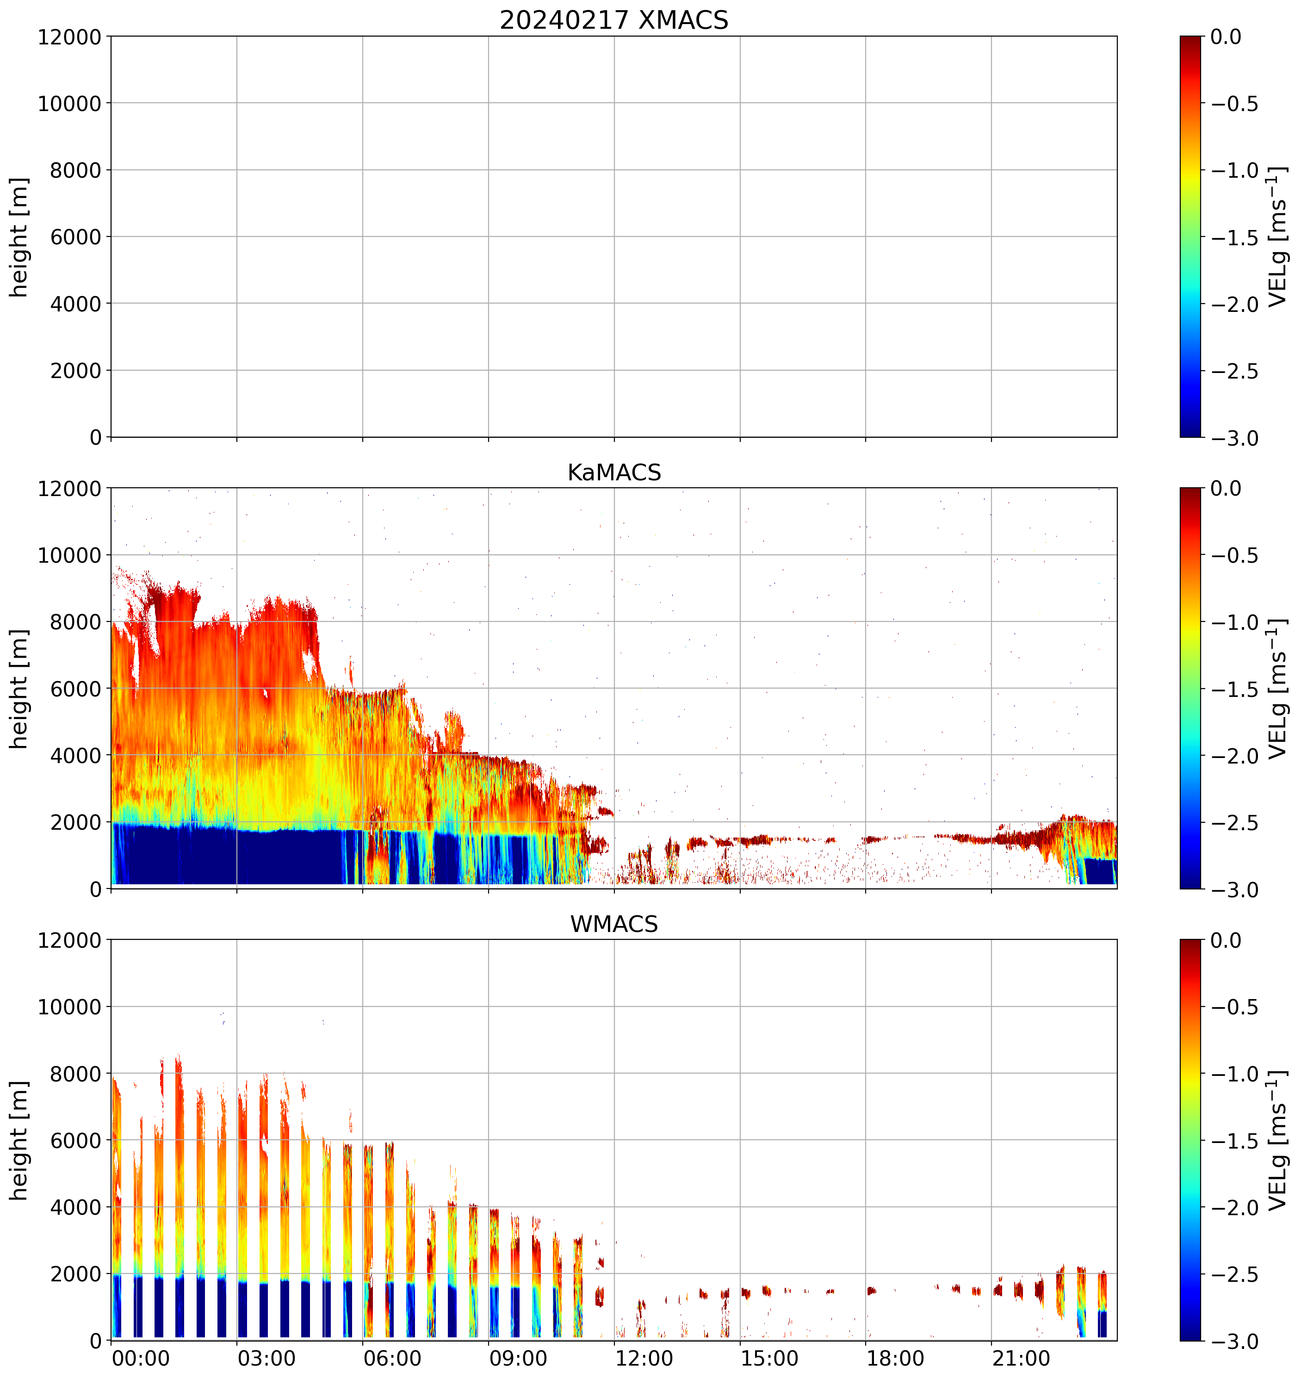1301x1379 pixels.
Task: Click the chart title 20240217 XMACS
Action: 614,20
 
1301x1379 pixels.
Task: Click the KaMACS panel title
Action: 614,472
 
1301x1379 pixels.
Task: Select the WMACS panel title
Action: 614,924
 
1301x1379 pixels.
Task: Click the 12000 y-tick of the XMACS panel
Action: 69,37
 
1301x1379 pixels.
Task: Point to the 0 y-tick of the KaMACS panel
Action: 96,889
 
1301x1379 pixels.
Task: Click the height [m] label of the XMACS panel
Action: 19,237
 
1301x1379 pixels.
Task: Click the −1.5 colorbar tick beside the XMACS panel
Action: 1234,237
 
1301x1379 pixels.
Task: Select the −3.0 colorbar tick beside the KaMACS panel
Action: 1234,890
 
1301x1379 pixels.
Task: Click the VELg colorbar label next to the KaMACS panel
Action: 1277,689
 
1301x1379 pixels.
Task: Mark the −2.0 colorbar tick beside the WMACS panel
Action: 1234,1208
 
